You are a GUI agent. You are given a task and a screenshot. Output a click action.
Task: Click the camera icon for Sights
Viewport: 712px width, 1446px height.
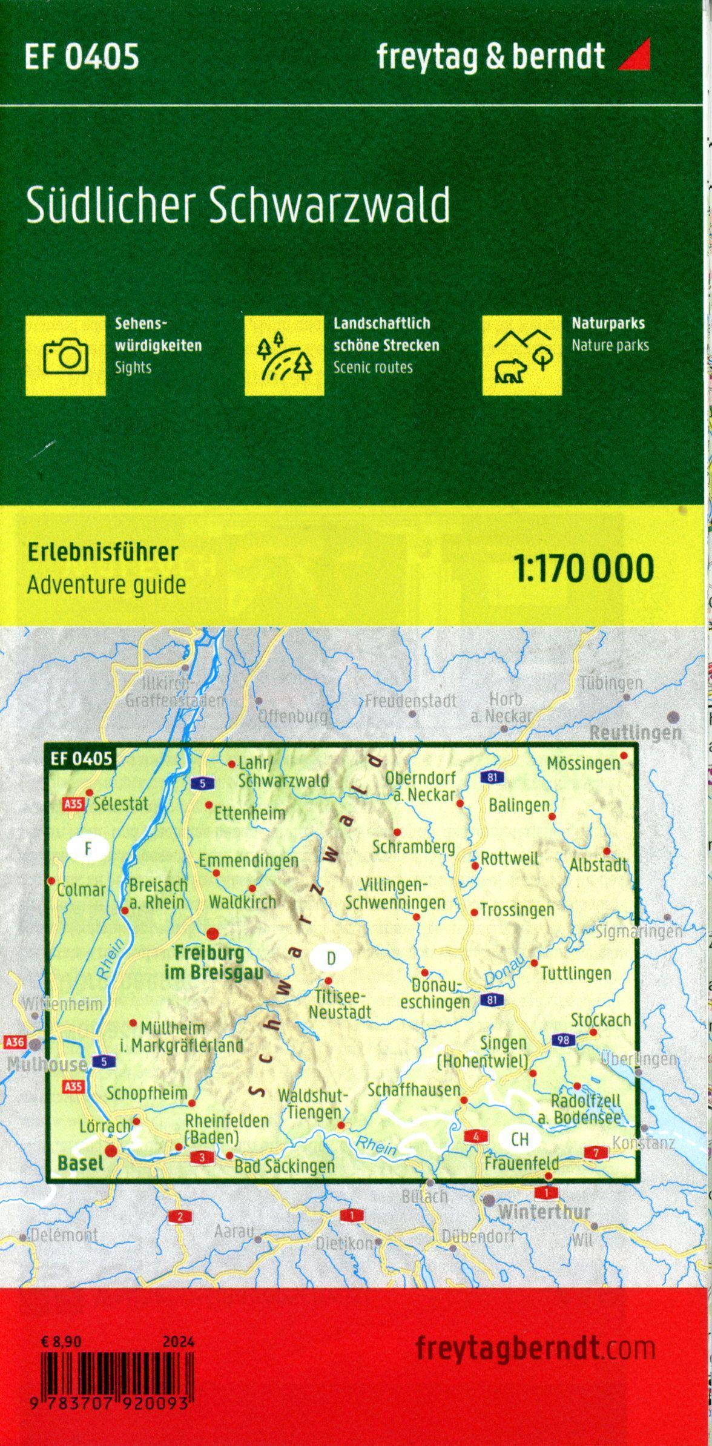pyautogui.click(x=66, y=355)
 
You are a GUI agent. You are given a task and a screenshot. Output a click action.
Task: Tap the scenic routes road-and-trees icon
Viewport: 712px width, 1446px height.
pyautogui.click(x=284, y=355)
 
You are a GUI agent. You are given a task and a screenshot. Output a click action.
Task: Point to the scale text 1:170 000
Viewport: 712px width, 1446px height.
pyautogui.click(x=584, y=568)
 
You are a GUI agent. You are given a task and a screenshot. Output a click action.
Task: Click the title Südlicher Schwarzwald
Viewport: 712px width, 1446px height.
pyautogui.click(x=238, y=206)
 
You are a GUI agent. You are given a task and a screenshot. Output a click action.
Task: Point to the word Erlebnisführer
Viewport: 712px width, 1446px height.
pyautogui.click(x=102, y=552)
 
